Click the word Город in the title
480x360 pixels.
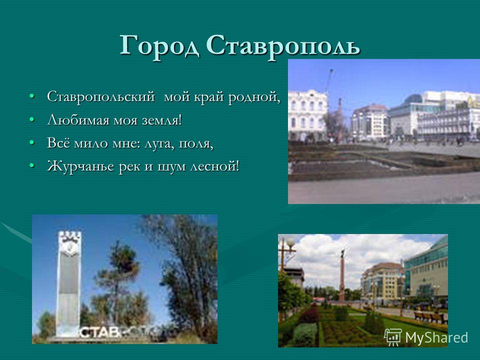(159, 46)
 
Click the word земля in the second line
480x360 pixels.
(162, 120)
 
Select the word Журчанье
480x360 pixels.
(80, 166)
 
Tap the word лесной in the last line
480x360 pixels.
(214, 166)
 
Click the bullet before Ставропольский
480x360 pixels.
(31, 96)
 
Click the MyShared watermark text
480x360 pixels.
(436, 337)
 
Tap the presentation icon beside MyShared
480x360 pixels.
(393, 337)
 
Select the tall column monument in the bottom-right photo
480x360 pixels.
(342, 275)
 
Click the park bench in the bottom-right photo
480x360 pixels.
(430, 317)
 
